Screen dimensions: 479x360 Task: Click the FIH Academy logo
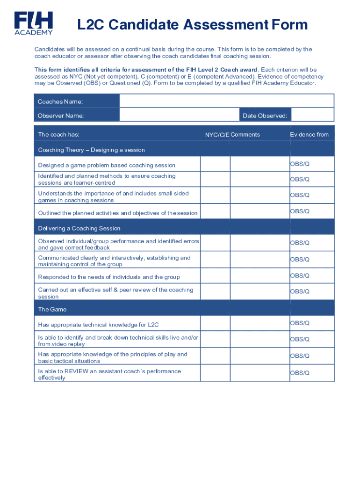tap(33, 23)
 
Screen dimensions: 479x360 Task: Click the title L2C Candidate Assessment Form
tap(192, 24)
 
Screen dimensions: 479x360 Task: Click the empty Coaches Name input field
tap(226, 101)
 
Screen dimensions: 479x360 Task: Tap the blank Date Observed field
tap(312, 115)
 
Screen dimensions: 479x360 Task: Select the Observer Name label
tap(61, 116)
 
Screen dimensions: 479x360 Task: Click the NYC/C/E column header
tap(217, 135)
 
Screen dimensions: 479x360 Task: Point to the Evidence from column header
tap(309, 135)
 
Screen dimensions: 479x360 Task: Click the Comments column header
tap(245, 135)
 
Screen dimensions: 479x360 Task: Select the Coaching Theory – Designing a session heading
tap(91, 150)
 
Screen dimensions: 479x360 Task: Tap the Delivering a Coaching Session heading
tap(79, 228)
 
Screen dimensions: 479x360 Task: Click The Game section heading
tap(52, 309)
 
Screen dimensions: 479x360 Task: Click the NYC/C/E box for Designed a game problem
tap(215, 164)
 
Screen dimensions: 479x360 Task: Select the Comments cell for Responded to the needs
tap(260, 276)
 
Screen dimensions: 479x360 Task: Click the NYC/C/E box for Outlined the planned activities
tap(215, 211)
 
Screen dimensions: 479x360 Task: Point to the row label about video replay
tap(118, 341)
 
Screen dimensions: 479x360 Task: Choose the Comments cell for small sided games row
tap(260, 196)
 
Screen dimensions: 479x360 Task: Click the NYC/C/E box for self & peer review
tap(215, 292)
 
